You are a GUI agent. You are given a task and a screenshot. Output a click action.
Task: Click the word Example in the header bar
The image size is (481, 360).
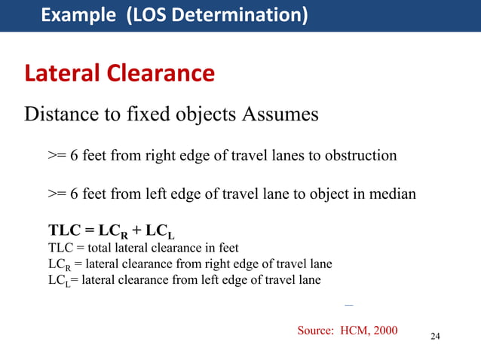tap(73, 15)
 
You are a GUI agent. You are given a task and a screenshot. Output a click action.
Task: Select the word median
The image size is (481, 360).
tap(391, 194)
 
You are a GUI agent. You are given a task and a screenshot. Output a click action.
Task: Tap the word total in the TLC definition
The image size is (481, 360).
tap(106, 247)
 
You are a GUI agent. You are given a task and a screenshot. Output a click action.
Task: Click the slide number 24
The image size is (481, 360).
tap(434, 336)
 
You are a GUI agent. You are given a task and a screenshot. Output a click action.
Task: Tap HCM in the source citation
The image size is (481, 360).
tap(356, 330)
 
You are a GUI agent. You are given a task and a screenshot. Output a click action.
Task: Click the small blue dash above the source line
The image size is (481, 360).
tap(348, 305)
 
